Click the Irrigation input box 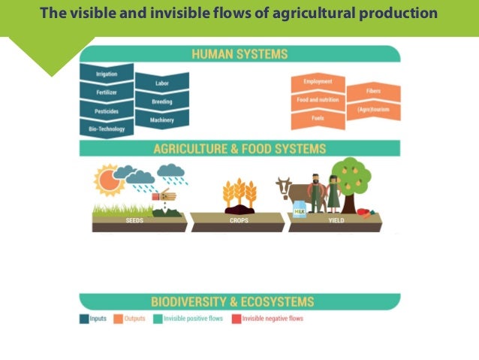point(106,74)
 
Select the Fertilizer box point(106,93)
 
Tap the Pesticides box point(106,112)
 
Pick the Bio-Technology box point(106,129)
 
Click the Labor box point(161,83)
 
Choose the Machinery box point(161,119)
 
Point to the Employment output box point(318,81)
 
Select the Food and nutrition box point(318,99)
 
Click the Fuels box point(318,117)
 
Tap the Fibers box point(373,91)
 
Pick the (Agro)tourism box point(373,109)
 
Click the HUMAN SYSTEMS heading point(239,54)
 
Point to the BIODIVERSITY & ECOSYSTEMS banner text point(239,302)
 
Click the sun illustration point(107,180)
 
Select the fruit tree point(351,179)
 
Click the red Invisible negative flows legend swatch point(236,319)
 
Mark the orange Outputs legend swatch point(118,319)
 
